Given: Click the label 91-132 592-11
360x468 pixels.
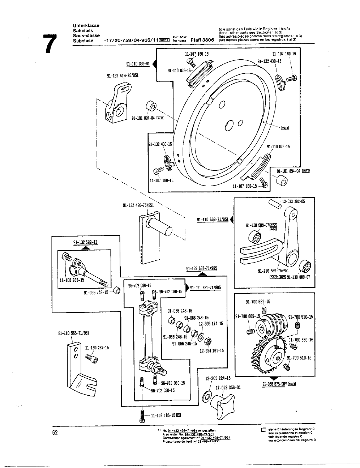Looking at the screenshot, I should (x=85, y=242).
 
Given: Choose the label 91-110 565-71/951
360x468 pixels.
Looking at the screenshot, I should (x=74, y=333).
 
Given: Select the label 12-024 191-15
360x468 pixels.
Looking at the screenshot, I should (x=211, y=350).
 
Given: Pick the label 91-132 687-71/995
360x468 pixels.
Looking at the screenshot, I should (x=201, y=268).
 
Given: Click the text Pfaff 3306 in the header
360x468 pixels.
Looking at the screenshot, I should (x=202, y=40).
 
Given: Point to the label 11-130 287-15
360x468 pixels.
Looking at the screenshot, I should (x=97, y=348).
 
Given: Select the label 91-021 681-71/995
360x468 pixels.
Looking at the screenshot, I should (x=205, y=288).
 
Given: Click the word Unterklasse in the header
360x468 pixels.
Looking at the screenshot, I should (x=86, y=26).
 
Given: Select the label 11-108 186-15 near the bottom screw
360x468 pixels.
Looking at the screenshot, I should (x=162, y=415).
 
